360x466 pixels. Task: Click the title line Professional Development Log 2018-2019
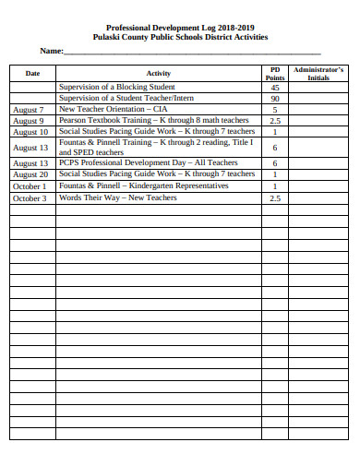(x=180, y=28)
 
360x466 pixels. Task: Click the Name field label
(x=51, y=51)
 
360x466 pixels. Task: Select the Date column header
(x=32, y=73)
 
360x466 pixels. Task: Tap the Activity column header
(x=158, y=73)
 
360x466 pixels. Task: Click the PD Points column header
(x=274, y=73)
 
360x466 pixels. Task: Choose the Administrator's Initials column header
(x=318, y=73)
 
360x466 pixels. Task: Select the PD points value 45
(x=274, y=88)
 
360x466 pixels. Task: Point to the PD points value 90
(x=274, y=98)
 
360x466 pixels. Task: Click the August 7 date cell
(x=29, y=109)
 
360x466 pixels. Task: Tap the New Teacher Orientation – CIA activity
(x=114, y=109)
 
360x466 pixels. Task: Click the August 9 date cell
(x=29, y=120)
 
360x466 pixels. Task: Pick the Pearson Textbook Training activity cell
(x=154, y=120)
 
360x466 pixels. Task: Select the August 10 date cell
(x=30, y=131)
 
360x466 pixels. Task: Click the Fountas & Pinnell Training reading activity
(x=155, y=147)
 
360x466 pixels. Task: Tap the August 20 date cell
(x=30, y=173)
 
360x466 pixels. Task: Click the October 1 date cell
(x=30, y=185)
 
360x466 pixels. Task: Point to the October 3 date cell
(x=30, y=197)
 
